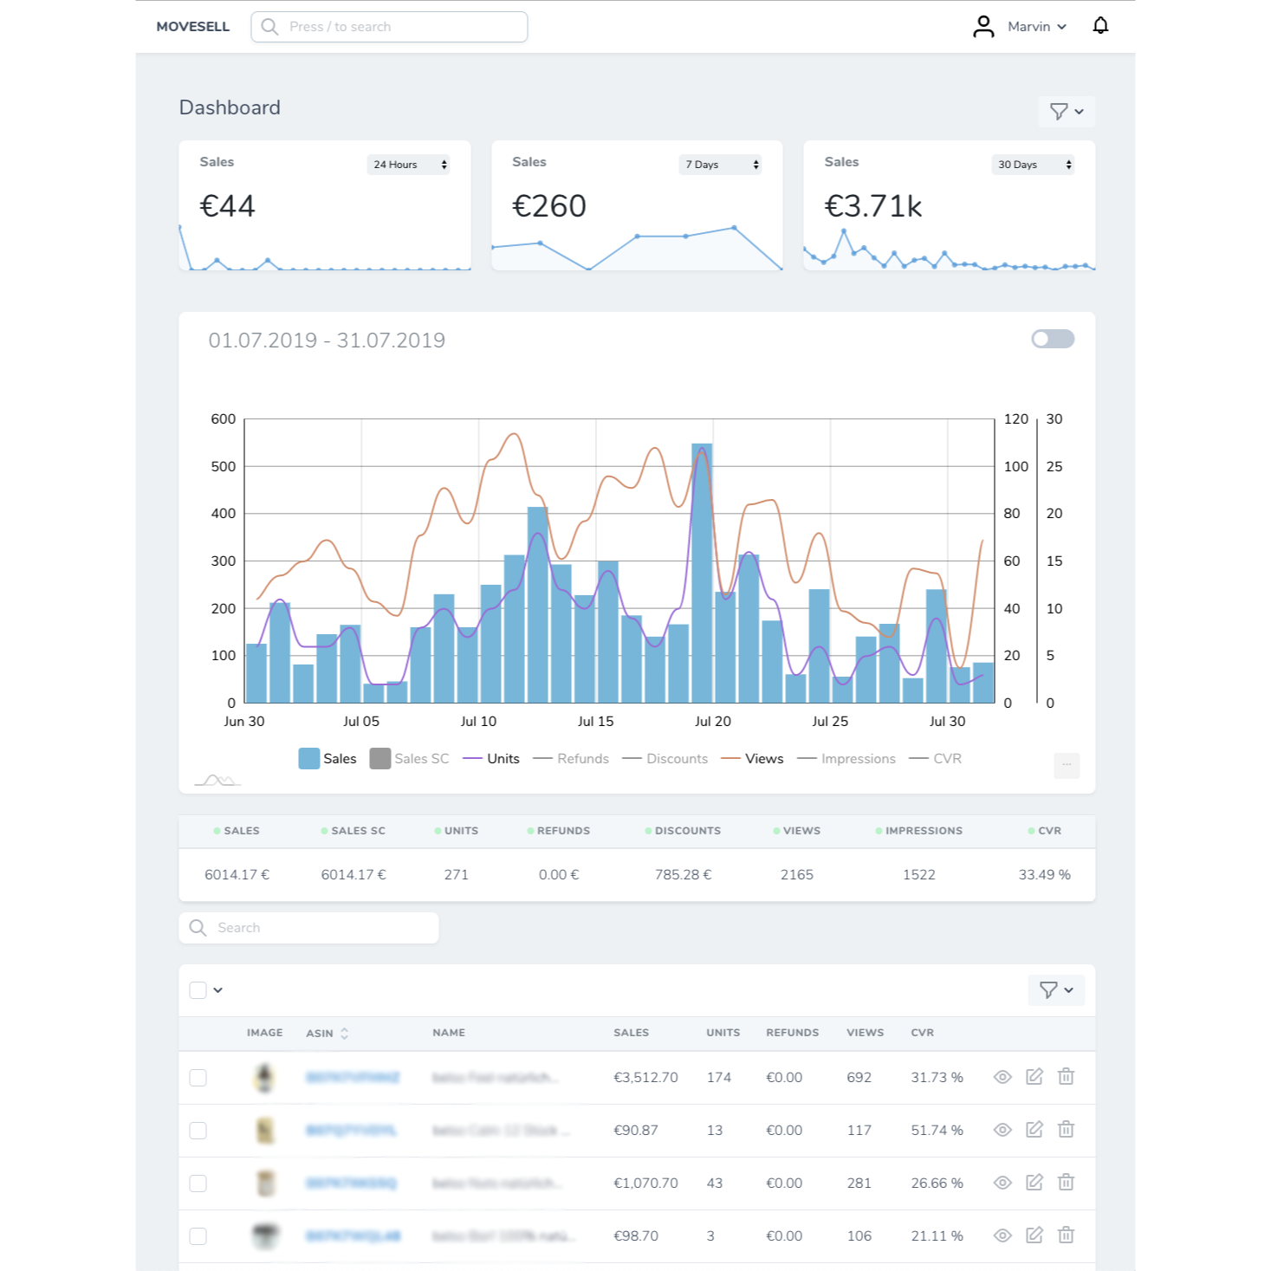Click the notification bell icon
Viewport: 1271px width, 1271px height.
tap(1100, 26)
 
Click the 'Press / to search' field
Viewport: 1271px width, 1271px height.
tap(390, 27)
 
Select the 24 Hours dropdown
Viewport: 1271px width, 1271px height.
tap(409, 165)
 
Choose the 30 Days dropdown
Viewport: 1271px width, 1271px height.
tap(1033, 165)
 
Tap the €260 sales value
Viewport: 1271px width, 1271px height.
tap(549, 206)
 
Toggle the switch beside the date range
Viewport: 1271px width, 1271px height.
tap(1053, 339)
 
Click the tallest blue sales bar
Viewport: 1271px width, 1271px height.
tap(702, 572)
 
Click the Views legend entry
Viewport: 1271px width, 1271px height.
tap(753, 759)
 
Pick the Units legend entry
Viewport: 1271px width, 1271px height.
tap(492, 759)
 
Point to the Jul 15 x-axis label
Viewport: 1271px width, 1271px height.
tap(595, 721)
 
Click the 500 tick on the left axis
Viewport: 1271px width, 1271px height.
tap(224, 466)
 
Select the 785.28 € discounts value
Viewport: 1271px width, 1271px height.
tap(683, 875)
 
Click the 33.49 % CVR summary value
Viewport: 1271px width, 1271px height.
tap(1044, 875)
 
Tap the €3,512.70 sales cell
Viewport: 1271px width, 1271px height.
tap(645, 1078)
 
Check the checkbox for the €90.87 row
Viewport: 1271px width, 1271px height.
tap(198, 1131)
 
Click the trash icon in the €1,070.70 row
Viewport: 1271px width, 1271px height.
tap(1066, 1183)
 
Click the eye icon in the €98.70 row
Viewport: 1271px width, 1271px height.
tap(1002, 1235)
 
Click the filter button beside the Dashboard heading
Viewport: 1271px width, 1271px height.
tap(1066, 112)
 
